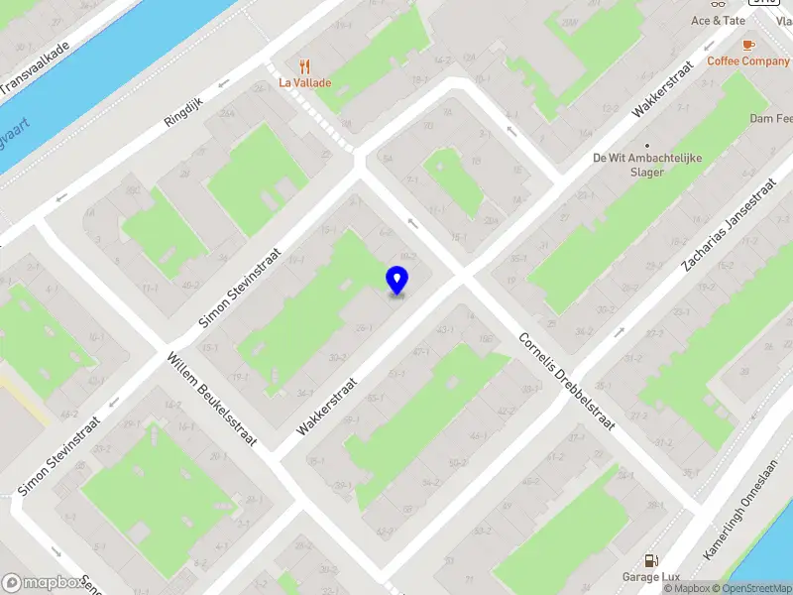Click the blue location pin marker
[396, 281]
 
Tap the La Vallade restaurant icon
[304, 65]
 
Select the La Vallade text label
[304, 83]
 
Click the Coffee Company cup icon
[747, 45]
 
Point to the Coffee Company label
[748, 60]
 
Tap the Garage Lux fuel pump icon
[650, 561]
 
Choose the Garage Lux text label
[650, 578]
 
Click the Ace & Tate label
[718, 20]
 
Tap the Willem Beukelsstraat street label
[212, 400]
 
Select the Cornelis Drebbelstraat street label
[567, 380]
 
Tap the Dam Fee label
[772, 119]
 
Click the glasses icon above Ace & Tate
[718, 3]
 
